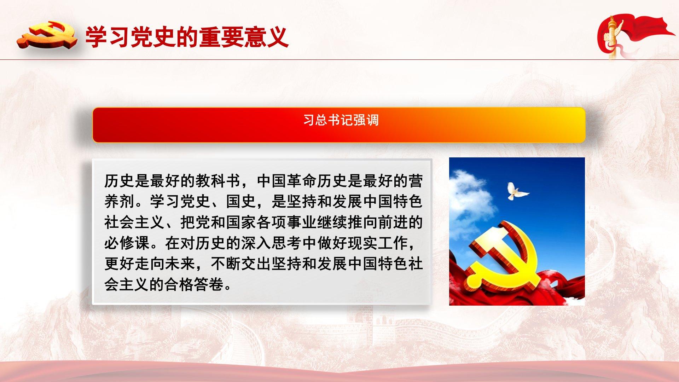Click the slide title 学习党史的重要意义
point(187,37)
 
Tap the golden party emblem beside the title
point(47,35)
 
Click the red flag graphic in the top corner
point(635,35)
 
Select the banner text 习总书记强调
point(341,120)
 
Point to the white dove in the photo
point(517,191)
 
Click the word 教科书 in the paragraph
point(218,181)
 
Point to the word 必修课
point(127,243)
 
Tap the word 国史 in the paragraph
point(241,202)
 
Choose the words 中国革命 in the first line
point(286,181)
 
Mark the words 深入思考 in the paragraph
point(272,243)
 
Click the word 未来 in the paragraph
point(180,264)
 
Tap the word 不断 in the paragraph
point(226,264)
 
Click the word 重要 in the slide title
point(221,37)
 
